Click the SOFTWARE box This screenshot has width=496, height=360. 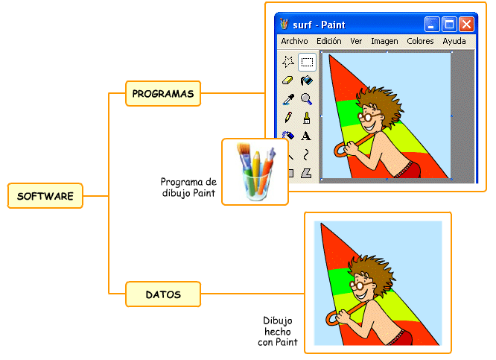pyautogui.click(x=45, y=196)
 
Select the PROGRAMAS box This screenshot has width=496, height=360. pyautogui.click(x=163, y=94)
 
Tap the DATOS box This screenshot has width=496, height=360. pyautogui.click(x=163, y=294)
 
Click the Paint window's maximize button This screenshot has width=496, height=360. pyautogui.click(x=450, y=25)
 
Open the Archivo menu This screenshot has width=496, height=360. pyautogui.click(x=294, y=42)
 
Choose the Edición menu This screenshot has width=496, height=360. pyautogui.click(x=328, y=42)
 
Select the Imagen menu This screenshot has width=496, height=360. pyautogui.click(x=384, y=42)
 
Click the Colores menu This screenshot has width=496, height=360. pyautogui.click(x=421, y=42)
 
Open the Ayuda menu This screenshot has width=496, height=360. pyautogui.click(x=454, y=42)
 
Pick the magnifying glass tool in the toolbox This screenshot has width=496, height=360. pyautogui.click(x=306, y=99)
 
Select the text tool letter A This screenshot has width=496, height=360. pyautogui.click(x=306, y=136)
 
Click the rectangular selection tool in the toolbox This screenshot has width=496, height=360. pyautogui.click(x=306, y=63)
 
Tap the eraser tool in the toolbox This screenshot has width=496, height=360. pyautogui.click(x=288, y=80)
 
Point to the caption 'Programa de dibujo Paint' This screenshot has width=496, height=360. pyautogui.click(x=188, y=188)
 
